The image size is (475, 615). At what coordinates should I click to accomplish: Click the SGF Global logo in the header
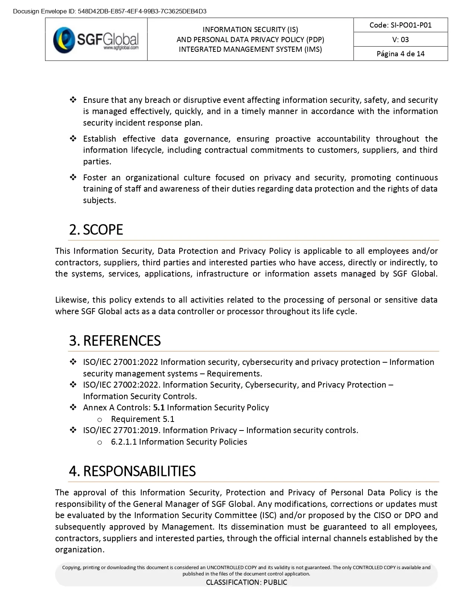pos(96,40)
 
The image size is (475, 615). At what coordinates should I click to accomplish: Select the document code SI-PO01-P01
pos(400,25)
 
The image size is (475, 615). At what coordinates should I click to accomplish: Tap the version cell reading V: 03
pos(400,40)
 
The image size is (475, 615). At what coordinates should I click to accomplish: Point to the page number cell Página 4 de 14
pos(400,54)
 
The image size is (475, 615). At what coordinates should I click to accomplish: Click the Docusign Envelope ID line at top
pos(110,11)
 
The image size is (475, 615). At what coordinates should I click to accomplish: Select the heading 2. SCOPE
pos(96,230)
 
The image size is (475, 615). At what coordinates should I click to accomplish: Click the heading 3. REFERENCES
pos(115,341)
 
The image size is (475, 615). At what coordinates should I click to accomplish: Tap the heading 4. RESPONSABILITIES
pos(132,471)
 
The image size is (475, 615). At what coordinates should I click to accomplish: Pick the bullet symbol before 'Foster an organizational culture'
pos(73,177)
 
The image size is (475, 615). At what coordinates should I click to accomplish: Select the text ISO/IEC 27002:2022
pos(121,385)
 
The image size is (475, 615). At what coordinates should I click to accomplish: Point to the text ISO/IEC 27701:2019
pos(121,430)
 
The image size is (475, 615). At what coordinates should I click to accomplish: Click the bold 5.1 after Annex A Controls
pos(159,408)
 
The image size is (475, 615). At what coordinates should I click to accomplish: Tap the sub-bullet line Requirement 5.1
pos(143,419)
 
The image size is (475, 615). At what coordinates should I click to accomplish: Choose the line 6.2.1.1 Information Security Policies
pos(179,442)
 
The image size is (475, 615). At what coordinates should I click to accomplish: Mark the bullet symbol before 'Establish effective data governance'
pos(73,139)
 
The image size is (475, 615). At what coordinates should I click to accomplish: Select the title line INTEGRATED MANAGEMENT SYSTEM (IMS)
pos(250,49)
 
